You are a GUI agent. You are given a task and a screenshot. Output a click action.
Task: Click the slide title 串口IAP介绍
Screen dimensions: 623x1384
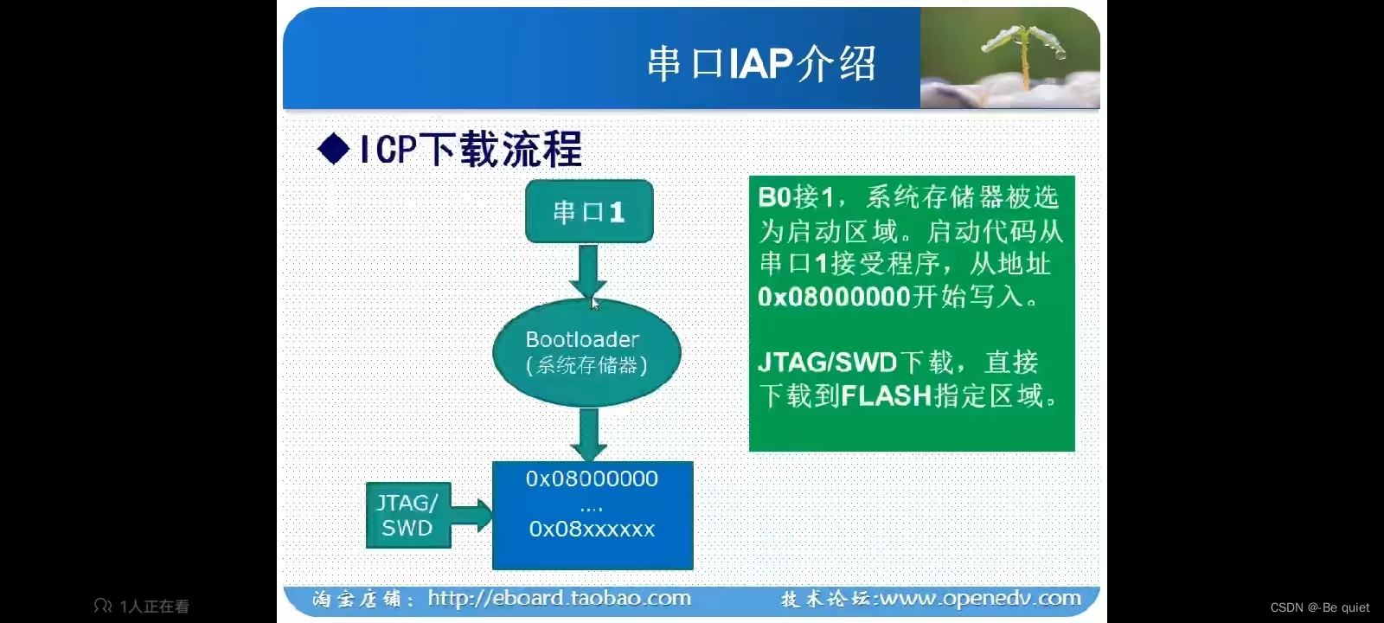(x=761, y=63)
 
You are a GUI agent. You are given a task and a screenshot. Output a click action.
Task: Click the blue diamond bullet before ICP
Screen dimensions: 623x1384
(x=334, y=149)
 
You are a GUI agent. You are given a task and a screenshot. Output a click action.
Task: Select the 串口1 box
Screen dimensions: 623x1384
(x=588, y=211)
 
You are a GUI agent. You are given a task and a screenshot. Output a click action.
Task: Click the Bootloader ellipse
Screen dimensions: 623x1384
(x=586, y=352)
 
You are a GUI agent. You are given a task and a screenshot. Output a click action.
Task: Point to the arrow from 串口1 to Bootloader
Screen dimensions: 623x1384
(x=588, y=270)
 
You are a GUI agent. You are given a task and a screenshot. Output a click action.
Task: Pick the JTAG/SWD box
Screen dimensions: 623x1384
(x=407, y=515)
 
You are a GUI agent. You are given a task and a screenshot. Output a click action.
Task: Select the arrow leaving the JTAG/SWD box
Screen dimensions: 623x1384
(x=471, y=515)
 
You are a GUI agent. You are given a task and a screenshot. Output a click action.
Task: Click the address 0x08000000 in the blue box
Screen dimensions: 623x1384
(x=592, y=478)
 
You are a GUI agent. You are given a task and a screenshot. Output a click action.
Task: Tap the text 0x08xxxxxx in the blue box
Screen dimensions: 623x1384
(x=592, y=529)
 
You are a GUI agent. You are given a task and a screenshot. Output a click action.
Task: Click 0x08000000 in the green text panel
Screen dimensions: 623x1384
(x=834, y=297)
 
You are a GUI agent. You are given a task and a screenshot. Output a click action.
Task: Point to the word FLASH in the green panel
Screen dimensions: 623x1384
(x=886, y=395)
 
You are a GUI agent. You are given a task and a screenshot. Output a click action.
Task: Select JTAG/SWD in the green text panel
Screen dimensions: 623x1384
(x=827, y=362)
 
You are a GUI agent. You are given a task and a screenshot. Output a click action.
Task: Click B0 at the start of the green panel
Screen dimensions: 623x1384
(x=775, y=197)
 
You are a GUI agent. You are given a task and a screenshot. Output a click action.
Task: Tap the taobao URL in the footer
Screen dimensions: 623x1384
(x=559, y=598)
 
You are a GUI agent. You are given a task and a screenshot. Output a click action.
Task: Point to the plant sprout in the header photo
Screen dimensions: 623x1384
(x=1025, y=52)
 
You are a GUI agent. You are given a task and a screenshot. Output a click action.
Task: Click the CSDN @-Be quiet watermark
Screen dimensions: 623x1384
(x=1319, y=607)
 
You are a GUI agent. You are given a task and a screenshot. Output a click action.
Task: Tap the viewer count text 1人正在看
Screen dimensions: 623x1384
(x=153, y=607)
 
